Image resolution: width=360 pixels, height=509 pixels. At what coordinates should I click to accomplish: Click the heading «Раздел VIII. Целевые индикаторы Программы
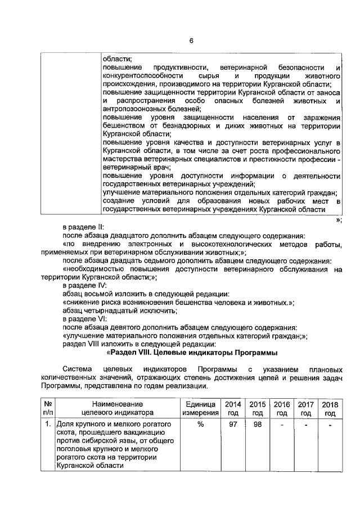coord(191,353)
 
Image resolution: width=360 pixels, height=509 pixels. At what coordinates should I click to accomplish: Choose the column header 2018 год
coord(330,408)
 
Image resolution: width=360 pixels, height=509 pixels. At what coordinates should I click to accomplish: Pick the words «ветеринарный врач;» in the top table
coord(132,167)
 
